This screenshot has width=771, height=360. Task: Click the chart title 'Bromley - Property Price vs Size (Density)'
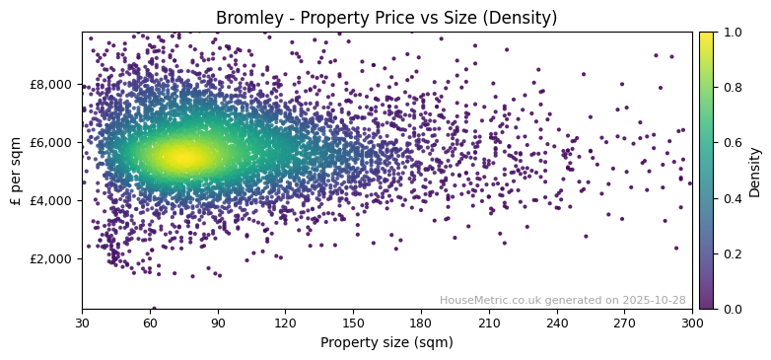pyautogui.click(x=386, y=18)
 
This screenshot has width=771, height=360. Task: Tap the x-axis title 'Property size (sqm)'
pyautogui.click(x=386, y=343)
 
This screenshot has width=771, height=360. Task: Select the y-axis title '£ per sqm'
pyautogui.click(x=16, y=171)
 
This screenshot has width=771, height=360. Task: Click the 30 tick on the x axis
pyautogui.click(x=82, y=323)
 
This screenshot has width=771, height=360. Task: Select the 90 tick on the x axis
pyautogui.click(x=218, y=323)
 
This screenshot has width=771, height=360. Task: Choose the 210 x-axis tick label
pyautogui.click(x=489, y=323)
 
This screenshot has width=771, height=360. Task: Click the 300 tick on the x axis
pyautogui.click(x=692, y=323)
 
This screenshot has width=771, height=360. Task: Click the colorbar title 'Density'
pyautogui.click(x=755, y=171)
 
